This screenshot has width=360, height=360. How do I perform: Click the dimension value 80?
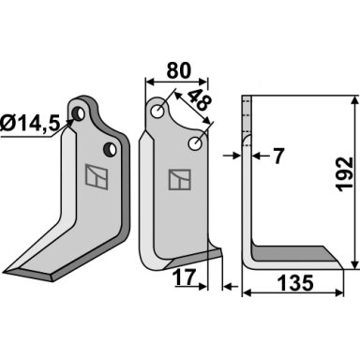point(178,70)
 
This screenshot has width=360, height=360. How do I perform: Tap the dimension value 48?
point(200,100)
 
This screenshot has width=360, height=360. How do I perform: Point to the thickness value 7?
point(277,156)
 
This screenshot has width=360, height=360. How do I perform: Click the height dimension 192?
point(344,174)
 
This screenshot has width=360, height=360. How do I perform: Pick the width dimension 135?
point(295,282)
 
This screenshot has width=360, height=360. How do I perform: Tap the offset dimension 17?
point(185,277)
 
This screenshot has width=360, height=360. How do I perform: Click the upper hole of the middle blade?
point(157,111)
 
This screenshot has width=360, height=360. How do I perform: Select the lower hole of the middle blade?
point(195,143)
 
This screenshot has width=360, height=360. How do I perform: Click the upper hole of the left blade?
point(78,113)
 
